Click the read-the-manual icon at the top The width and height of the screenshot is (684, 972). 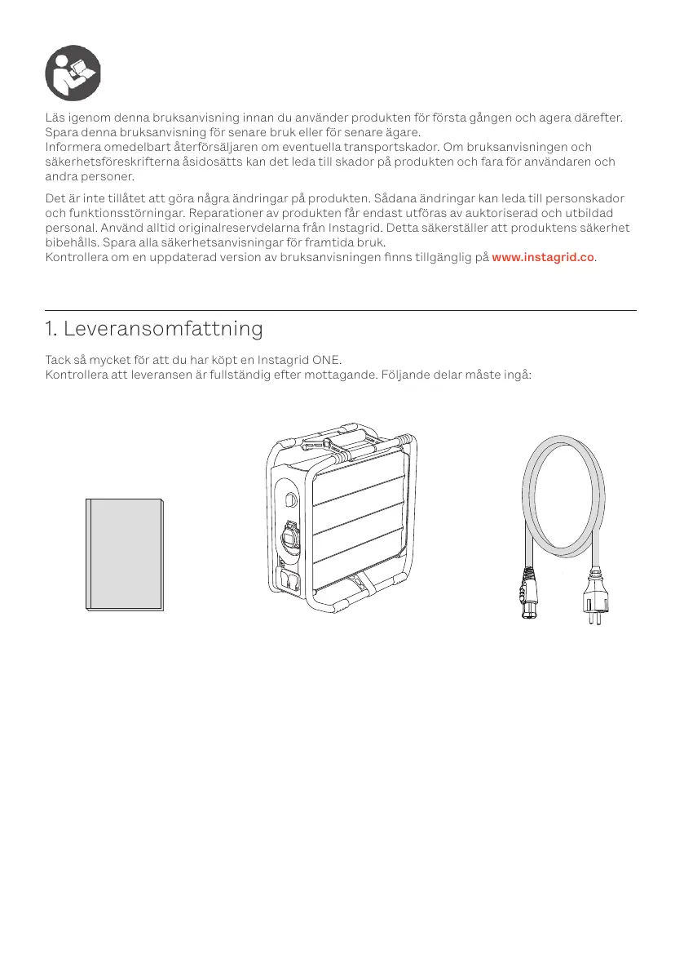pyautogui.click(x=73, y=73)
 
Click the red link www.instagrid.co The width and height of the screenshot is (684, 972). pyautogui.click(x=544, y=257)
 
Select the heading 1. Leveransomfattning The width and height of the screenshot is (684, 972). pyautogui.click(x=154, y=329)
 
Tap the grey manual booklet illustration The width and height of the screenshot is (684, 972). pyautogui.click(x=125, y=553)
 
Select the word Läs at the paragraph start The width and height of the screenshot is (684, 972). pyautogui.click(x=56, y=118)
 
